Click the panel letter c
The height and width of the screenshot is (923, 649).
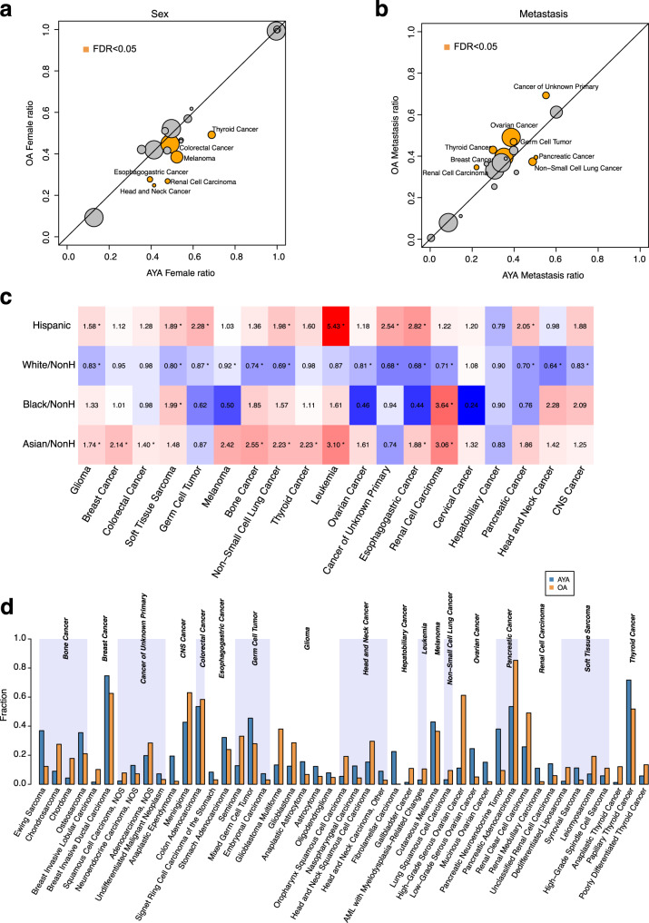pyautogui.click(x=7, y=295)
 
